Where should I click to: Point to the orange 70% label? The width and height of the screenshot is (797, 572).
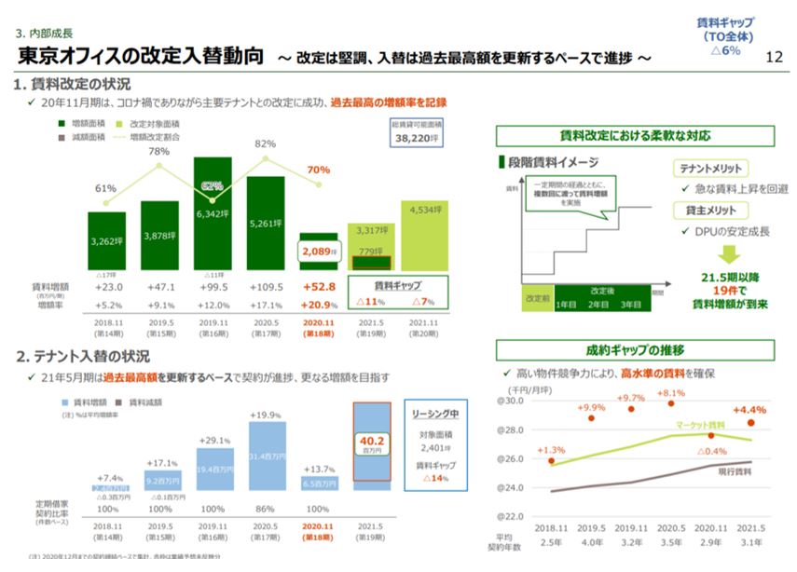click(319, 170)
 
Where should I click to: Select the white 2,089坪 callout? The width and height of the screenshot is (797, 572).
click(318, 252)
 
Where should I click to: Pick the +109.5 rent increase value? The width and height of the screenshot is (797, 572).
click(266, 288)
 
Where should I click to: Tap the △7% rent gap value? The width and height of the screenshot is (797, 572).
click(424, 304)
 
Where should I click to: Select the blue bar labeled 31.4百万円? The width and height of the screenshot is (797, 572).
click(267, 456)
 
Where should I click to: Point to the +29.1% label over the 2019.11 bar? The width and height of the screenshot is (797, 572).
click(214, 440)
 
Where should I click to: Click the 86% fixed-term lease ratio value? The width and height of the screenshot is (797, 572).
click(266, 509)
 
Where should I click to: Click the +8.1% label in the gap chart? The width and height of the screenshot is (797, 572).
click(670, 393)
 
